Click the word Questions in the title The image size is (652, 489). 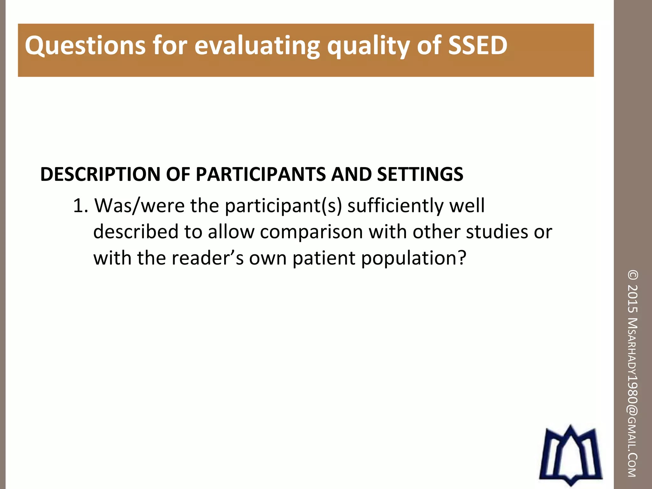tap(85, 46)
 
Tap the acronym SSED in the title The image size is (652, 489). tap(478, 46)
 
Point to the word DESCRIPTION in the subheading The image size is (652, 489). tap(100, 174)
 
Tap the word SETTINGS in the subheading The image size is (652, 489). tap(420, 174)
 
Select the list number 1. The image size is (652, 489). tap(80, 206)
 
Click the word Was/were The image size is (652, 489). tap(140, 206)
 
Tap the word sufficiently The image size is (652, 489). tap(395, 206)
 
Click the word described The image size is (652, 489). tap(136, 232)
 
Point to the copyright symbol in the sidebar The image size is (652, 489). tap(633, 275)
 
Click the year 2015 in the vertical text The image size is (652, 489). tap(633, 298)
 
